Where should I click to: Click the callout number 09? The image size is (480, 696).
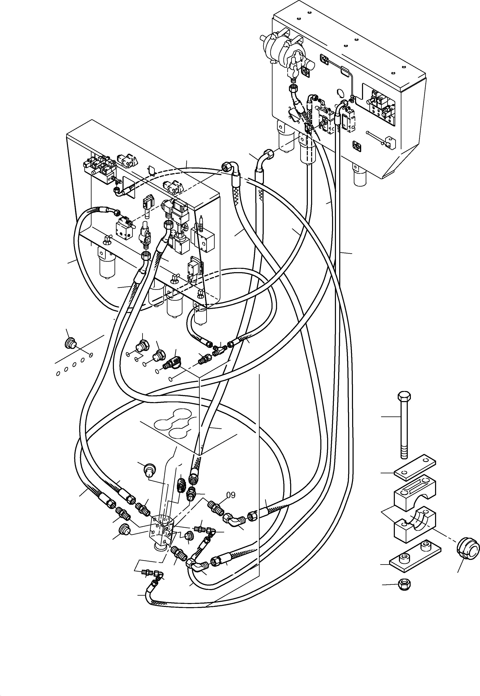click(x=231, y=495)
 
